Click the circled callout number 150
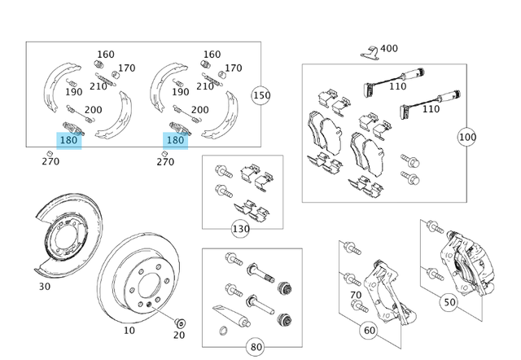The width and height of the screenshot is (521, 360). point(261,94)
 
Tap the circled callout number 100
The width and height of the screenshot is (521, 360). point(466,136)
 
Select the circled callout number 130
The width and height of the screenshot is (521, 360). point(241,229)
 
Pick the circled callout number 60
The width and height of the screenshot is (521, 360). point(369,331)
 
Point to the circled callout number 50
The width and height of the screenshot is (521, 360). point(449,302)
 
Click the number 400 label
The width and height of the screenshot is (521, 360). point(388,49)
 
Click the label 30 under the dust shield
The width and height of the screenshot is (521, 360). point(44,287)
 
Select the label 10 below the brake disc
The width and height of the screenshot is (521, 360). point(129,331)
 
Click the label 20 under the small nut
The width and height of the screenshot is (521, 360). point(179,335)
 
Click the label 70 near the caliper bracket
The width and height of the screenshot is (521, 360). point(356,295)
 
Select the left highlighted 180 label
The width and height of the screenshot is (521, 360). point(69,141)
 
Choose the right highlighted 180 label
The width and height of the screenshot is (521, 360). point(175,141)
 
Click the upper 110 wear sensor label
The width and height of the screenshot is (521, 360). point(397,86)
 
